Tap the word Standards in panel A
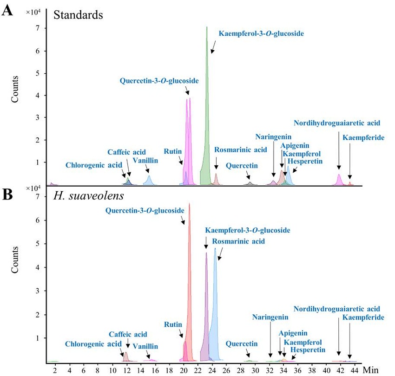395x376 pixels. tap(78, 14)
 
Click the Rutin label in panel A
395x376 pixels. tap(173, 151)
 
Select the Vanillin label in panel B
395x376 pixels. tap(145, 346)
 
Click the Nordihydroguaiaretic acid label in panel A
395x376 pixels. tap(337, 123)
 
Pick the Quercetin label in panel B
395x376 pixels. tap(242, 344)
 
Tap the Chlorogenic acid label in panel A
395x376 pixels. tap(94, 165)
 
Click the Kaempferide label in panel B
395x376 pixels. tap(363, 318)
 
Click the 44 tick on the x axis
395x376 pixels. tap(354, 370)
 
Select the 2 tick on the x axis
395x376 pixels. tap(55, 370)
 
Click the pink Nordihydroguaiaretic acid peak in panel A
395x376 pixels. tap(339, 180)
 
